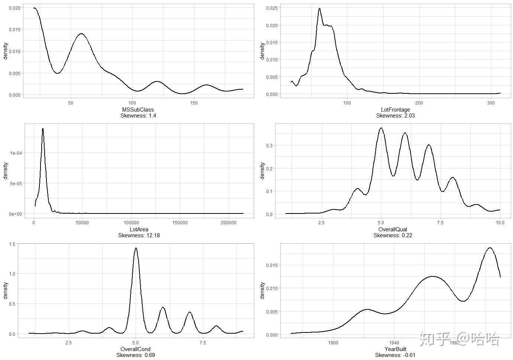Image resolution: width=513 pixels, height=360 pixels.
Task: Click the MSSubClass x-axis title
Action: point(138,110)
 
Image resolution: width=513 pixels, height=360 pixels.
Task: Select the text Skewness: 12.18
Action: point(139,235)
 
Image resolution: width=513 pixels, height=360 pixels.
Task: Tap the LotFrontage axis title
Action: point(395,110)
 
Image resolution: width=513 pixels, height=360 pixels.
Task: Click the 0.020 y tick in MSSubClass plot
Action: point(15,8)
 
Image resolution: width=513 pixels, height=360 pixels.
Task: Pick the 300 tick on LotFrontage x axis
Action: point(491,103)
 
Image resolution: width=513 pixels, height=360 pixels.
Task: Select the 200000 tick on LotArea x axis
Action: point(229,223)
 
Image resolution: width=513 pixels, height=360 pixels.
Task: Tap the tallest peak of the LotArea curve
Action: point(43,129)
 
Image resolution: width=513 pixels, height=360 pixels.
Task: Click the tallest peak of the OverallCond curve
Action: point(136,248)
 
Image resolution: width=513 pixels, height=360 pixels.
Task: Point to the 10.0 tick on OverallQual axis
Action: point(500,223)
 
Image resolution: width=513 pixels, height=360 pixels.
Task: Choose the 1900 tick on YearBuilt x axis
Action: point(333,343)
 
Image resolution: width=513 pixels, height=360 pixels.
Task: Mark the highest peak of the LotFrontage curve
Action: point(319,9)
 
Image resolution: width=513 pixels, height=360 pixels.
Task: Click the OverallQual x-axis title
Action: point(393,229)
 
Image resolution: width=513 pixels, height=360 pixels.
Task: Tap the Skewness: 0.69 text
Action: point(136,355)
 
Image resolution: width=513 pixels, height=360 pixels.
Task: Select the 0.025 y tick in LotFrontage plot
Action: point(272,8)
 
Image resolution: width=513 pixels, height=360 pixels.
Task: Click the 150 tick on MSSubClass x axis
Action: point(194,103)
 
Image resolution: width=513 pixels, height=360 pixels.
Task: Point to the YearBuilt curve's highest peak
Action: point(490,248)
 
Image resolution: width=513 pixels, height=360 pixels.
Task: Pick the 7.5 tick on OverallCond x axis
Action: point(203,343)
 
